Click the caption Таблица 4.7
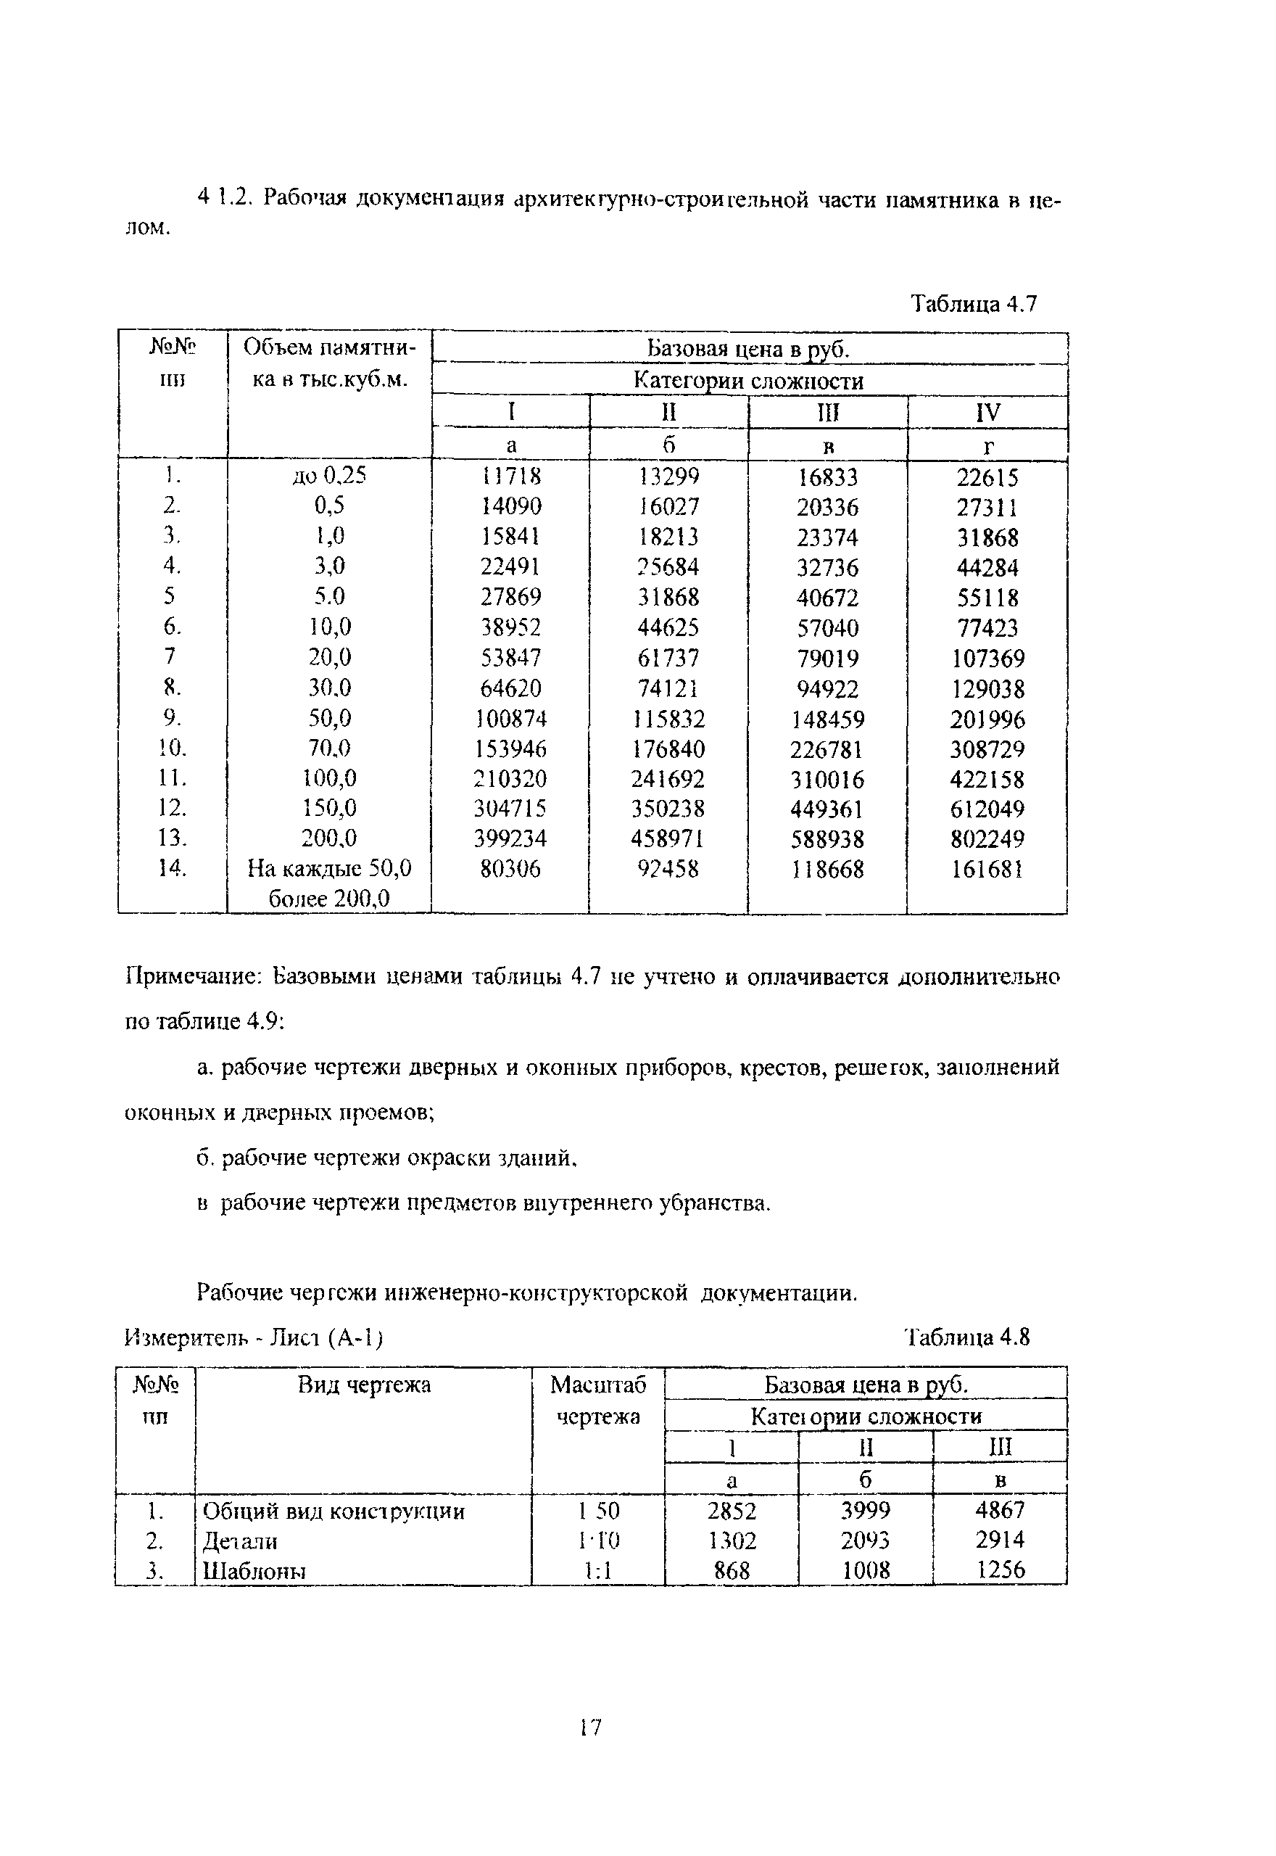coord(974,304)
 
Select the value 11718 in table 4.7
coord(511,476)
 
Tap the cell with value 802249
coord(987,839)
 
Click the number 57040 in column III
coord(827,627)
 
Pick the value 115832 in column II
coord(668,719)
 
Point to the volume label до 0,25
coord(329,476)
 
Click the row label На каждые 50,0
coord(329,868)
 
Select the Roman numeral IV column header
coord(987,413)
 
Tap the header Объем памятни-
coord(329,348)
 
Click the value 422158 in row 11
coord(987,779)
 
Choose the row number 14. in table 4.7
coord(172,868)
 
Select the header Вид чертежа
coord(364,1385)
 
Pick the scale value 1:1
coord(597,1570)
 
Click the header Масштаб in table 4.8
coord(597,1385)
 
